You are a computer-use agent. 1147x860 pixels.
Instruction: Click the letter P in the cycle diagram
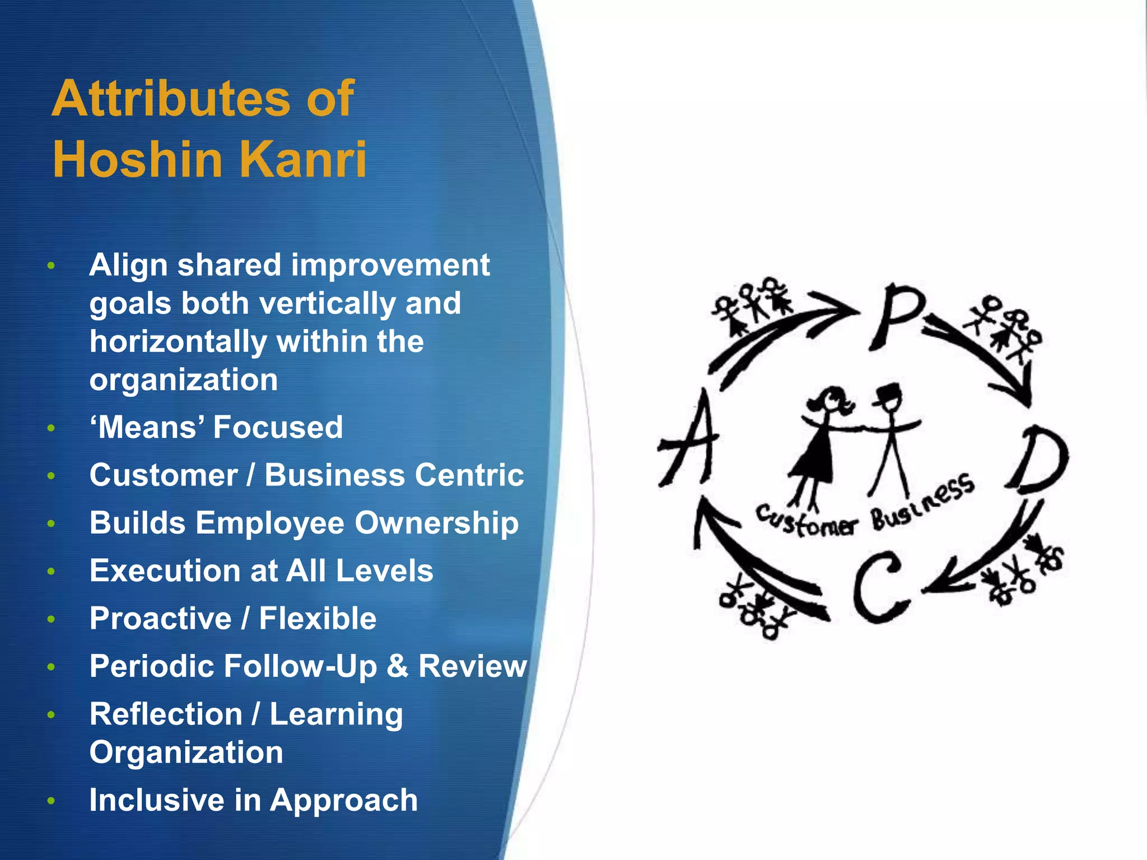[x=895, y=316]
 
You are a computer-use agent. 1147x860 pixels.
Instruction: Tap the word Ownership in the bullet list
[x=436, y=524]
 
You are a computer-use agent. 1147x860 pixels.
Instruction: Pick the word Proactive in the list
[x=161, y=619]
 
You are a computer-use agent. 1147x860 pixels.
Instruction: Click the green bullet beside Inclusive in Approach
[x=51, y=801]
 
